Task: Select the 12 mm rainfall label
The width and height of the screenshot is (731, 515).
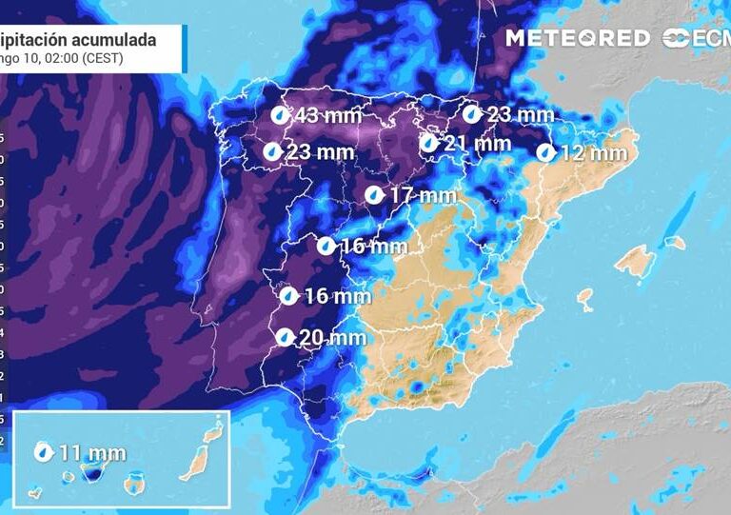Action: click(x=594, y=152)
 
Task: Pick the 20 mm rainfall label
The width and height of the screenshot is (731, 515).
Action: click(x=332, y=337)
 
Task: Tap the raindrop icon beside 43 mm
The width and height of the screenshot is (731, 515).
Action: click(x=278, y=115)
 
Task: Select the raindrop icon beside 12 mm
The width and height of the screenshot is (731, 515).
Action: click(x=545, y=152)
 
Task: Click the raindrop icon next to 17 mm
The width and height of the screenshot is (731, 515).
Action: click(x=375, y=195)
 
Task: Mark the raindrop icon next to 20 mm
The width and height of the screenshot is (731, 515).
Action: click(x=284, y=336)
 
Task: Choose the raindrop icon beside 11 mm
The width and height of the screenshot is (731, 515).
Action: click(x=43, y=452)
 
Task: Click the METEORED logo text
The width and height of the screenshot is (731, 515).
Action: click(x=580, y=38)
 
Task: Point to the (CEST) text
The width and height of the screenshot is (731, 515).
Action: click(x=102, y=57)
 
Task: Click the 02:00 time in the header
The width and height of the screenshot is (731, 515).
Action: click(x=60, y=57)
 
